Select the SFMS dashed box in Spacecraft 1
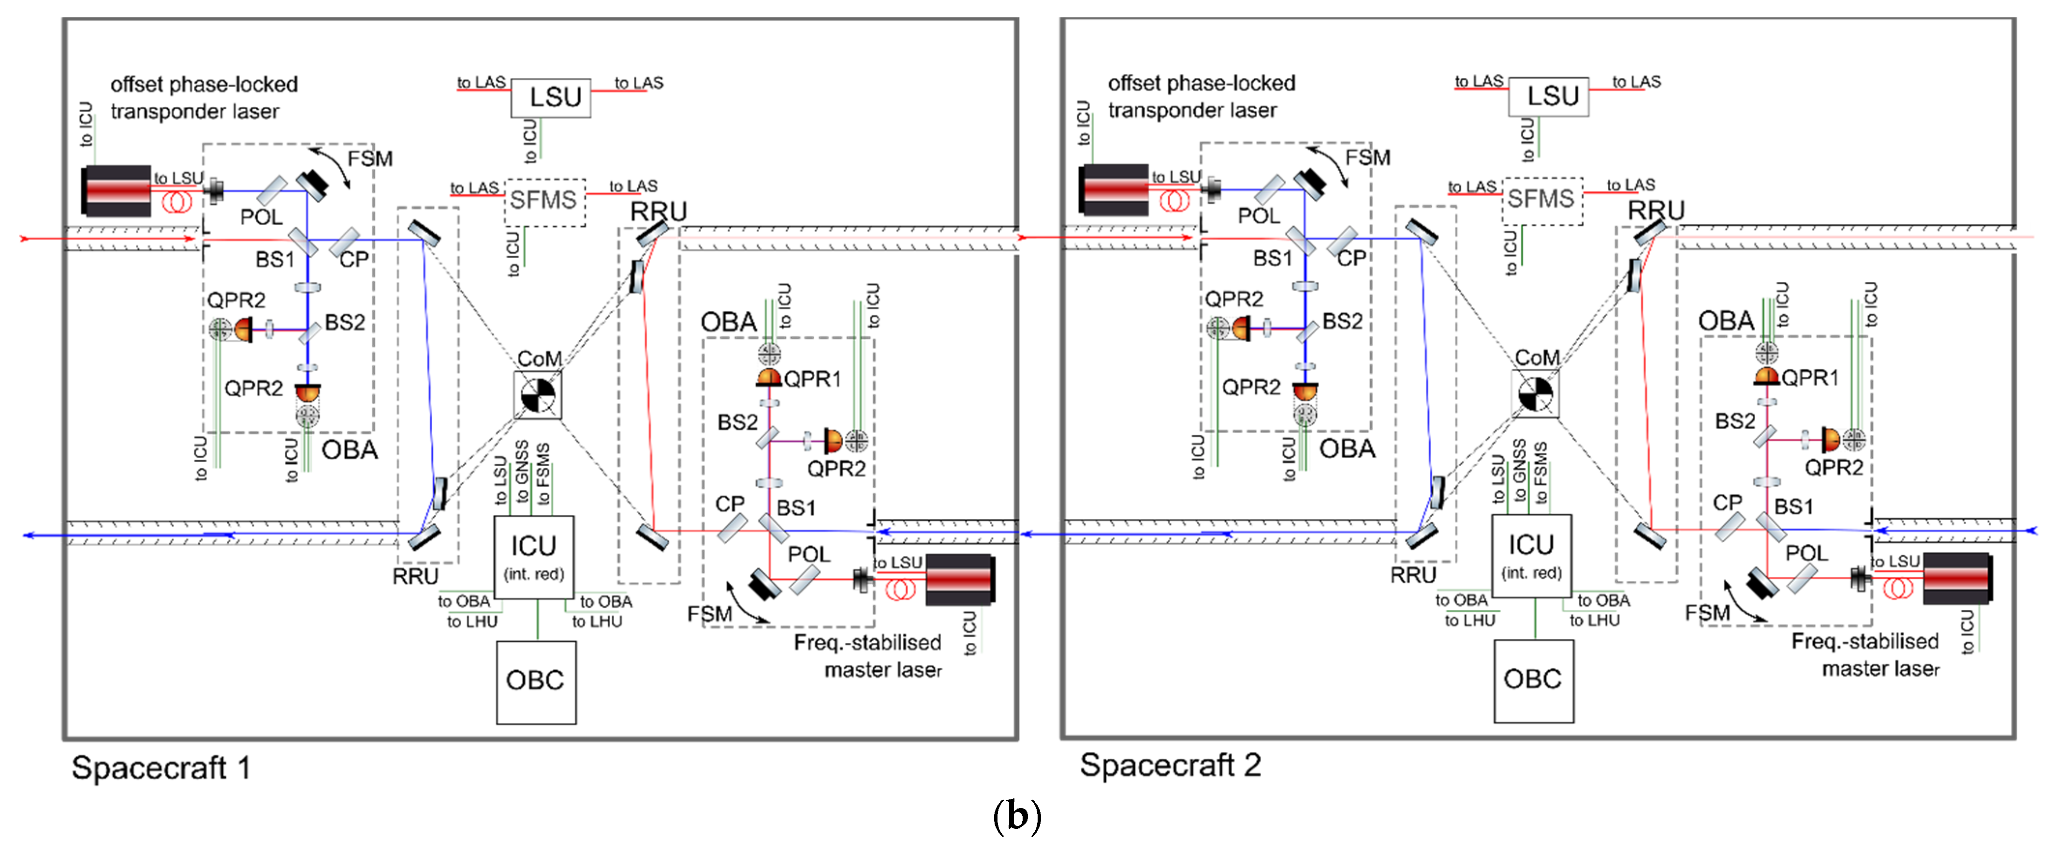544,201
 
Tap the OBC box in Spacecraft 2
1533,680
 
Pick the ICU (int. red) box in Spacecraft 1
533,556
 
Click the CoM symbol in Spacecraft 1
537,395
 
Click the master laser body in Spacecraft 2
1956,578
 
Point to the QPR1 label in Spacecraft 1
812,379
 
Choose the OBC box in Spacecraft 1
536,681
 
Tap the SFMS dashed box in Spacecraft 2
1542,199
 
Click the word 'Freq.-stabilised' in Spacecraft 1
867,643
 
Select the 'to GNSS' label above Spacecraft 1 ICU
521,473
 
